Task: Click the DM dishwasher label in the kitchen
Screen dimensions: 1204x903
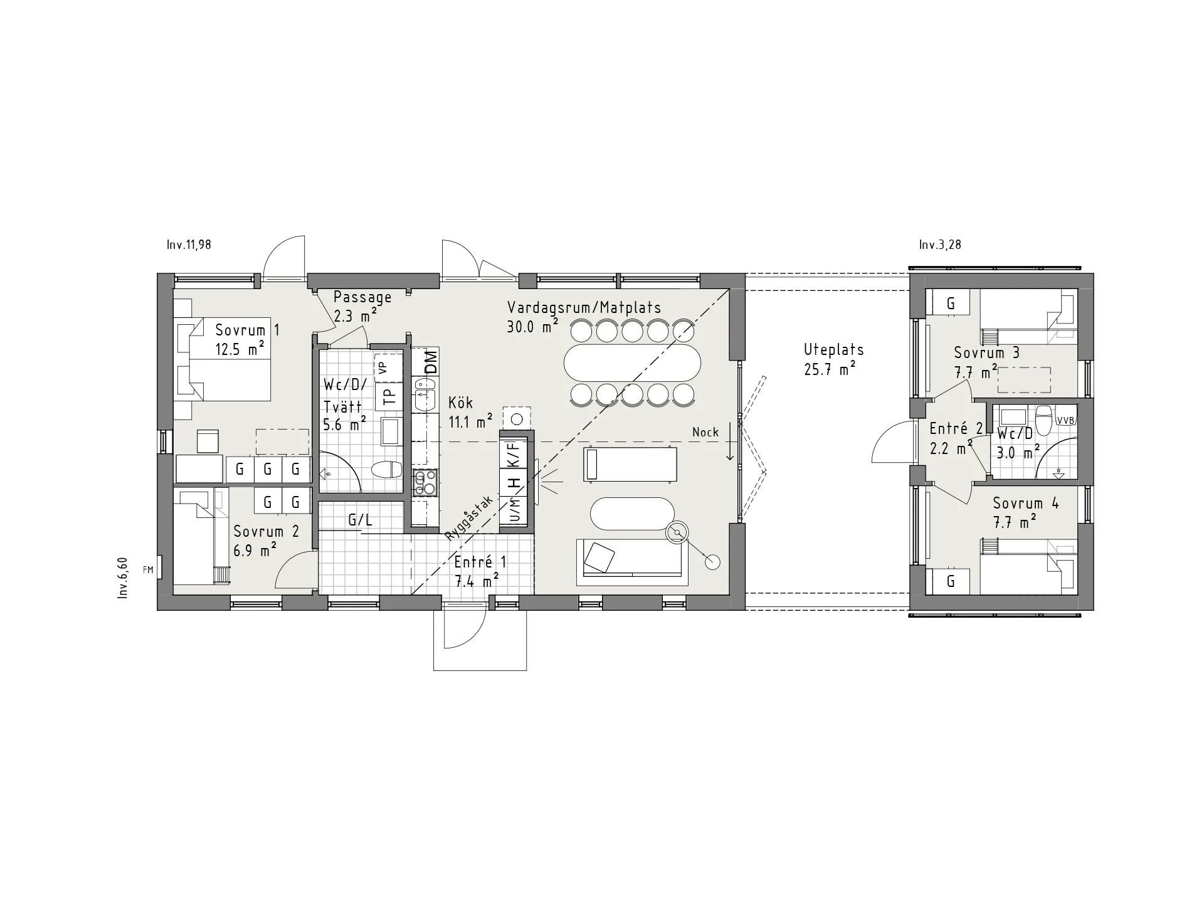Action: click(430, 362)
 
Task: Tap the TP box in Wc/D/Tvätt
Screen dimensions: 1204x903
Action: click(389, 396)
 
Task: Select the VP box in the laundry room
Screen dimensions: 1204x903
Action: click(388, 367)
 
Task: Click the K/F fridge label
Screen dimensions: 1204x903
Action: click(514, 453)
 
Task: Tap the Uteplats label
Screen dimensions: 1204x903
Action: click(834, 349)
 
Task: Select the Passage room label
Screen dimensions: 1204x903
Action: click(362, 297)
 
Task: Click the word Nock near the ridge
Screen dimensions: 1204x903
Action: click(705, 432)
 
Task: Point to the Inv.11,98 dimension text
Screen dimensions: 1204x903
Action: click(189, 245)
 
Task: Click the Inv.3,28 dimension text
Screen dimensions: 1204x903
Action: click(940, 245)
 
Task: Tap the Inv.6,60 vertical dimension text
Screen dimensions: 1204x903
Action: click(123, 578)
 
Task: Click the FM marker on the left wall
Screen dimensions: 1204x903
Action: click(148, 569)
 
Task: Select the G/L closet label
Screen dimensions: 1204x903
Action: click(361, 519)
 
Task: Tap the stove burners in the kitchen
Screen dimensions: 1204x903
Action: click(425, 483)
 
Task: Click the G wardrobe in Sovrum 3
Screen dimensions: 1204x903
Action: click(951, 304)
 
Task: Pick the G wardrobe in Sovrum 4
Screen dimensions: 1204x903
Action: click(951, 581)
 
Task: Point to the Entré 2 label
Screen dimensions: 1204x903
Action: click(956, 429)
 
